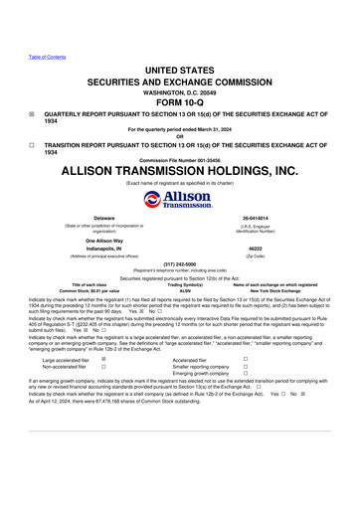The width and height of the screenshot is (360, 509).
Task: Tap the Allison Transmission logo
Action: (x=180, y=200)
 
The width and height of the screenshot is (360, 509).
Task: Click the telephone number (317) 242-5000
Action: (x=179, y=263)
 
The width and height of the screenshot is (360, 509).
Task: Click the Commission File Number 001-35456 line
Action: (x=179, y=158)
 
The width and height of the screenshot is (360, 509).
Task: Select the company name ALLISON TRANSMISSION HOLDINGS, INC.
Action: (x=179, y=171)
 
